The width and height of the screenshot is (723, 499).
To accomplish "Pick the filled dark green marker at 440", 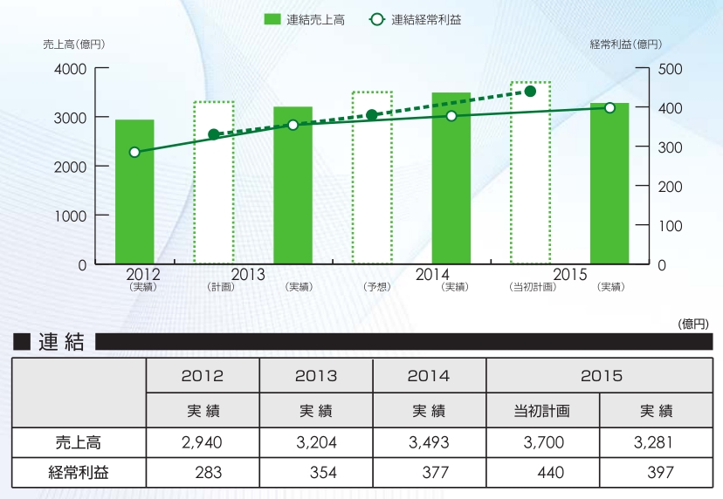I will [x=530, y=91].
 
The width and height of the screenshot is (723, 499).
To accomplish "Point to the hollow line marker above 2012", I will [x=134, y=152].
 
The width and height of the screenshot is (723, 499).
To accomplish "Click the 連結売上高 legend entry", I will [x=305, y=19].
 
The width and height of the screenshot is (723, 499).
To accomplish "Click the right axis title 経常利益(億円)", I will [x=625, y=44].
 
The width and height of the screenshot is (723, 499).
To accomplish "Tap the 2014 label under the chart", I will [x=432, y=275].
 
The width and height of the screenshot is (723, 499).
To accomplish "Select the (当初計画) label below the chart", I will [x=531, y=287].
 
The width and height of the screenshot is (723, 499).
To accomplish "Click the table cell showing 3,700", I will [x=541, y=442].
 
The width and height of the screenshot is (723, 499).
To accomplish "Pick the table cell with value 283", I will [x=210, y=473].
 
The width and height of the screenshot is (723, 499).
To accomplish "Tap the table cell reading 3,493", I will [x=429, y=442].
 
